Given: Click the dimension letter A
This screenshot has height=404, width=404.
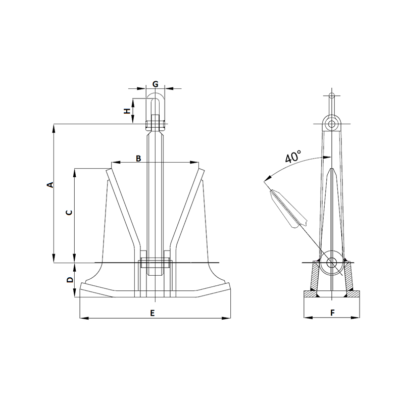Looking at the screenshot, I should point(49,185).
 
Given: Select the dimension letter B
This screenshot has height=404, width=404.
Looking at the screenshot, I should point(138,159).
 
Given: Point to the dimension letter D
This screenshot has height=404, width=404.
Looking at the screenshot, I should point(70,279).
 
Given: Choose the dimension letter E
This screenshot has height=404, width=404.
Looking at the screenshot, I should point(153,314).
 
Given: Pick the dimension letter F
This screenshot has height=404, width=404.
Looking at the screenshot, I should point(332,313).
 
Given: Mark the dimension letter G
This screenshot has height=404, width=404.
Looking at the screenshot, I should point(156,83).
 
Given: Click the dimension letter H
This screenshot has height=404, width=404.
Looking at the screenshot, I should point(128,110).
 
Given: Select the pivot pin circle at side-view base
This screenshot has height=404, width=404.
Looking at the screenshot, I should point(332,263).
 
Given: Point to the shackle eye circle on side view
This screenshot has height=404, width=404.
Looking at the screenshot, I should point(331,124).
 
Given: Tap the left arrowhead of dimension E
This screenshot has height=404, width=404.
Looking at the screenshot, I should point(83,318).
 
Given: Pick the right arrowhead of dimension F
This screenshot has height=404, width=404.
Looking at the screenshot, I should point(356,318).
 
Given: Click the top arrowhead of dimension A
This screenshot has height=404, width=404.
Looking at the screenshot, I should point(54,127).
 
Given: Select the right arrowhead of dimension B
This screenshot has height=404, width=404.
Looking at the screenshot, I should point(195,163).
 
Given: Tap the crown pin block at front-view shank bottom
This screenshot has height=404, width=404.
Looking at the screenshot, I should point(156,263).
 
